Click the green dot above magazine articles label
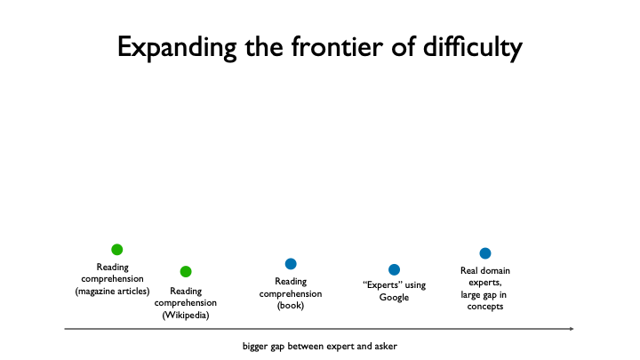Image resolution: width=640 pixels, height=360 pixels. point(116,250)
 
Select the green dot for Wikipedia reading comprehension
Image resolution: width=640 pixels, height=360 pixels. point(186,271)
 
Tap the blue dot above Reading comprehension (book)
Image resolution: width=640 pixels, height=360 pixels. point(291,264)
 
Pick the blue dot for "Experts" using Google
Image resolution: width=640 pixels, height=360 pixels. point(394,269)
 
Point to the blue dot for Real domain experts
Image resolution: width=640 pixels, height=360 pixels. point(485,253)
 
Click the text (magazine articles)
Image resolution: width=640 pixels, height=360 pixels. point(113,291)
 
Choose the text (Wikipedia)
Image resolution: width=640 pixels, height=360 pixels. point(186,316)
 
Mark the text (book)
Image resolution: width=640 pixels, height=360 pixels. point(291,306)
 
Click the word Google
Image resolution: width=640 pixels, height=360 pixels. point(394,298)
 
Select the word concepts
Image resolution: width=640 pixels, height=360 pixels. point(485,307)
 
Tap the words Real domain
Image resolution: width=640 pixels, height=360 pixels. point(485,270)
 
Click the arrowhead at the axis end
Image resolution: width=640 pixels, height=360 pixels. point(571,330)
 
